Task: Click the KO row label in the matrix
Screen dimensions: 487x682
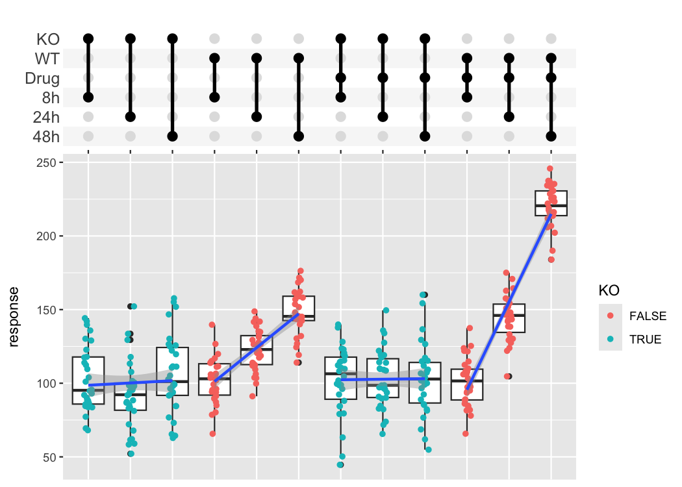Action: tap(48, 39)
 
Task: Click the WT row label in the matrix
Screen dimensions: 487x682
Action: tap(47, 59)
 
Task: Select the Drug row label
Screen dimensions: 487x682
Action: tap(42, 79)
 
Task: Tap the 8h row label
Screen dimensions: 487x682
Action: tap(50, 98)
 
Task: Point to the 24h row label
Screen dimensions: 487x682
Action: tap(46, 118)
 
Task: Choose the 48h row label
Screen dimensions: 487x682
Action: tap(46, 137)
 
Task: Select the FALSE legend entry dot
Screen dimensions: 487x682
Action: tap(611, 316)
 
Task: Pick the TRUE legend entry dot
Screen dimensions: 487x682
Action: tap(611, 339)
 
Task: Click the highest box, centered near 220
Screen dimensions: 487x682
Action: tap(551, 203)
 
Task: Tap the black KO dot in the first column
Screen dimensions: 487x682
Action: tap(88, 39)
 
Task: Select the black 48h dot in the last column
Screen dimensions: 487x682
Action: tap(551, 136)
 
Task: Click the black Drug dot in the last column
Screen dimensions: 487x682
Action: tap(551, 78)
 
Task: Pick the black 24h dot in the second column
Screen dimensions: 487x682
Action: tap(131, 117)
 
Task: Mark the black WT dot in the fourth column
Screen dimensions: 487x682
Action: tap(214, 58)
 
